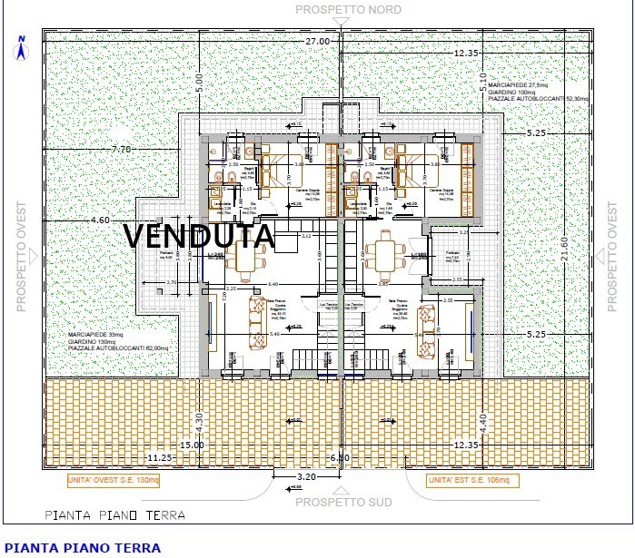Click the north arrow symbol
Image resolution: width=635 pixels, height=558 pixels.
point(18,48)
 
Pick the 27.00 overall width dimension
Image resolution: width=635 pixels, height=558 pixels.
point(317,42)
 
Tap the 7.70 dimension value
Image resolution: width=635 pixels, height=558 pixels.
point(122,149)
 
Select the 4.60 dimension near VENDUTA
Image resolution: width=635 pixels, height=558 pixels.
point(100,220)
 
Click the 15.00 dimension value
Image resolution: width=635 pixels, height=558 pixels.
point(192,445)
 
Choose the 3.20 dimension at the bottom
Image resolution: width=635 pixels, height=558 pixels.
point(307,475)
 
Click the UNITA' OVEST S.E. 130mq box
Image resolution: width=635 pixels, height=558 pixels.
point(114,479)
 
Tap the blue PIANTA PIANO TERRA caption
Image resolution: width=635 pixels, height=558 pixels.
point(83,547)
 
